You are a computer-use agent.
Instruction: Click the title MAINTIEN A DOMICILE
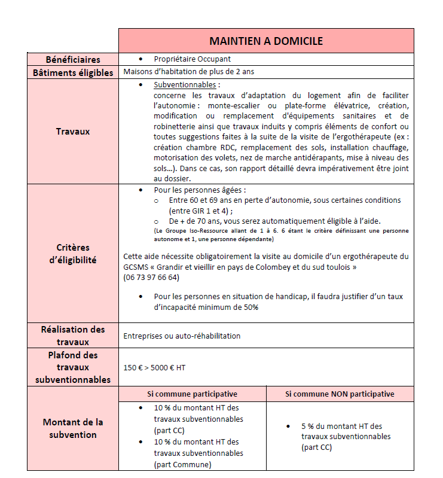point(266,41)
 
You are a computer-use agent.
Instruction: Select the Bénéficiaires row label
point(73,59)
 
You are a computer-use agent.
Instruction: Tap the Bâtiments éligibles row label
point(73,72)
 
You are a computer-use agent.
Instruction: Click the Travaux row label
point(73,131)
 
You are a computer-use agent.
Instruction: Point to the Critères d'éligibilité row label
point(73,254)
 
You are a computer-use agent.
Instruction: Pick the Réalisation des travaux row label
point(73,336)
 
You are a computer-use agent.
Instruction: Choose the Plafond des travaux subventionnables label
point(73,367)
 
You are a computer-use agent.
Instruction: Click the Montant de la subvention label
point(73,428)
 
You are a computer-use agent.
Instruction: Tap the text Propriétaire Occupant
point(192,59)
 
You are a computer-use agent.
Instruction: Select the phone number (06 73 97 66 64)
point(151,278)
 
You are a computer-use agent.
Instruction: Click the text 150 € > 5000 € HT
point(154,367)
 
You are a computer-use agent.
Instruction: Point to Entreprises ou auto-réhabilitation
point(182,336)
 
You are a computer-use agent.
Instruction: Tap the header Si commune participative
point(192,394)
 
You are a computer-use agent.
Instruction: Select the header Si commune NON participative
point(340,394)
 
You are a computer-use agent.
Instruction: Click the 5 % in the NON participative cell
point(308,426)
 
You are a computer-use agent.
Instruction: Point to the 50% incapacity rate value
point(249,307)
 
